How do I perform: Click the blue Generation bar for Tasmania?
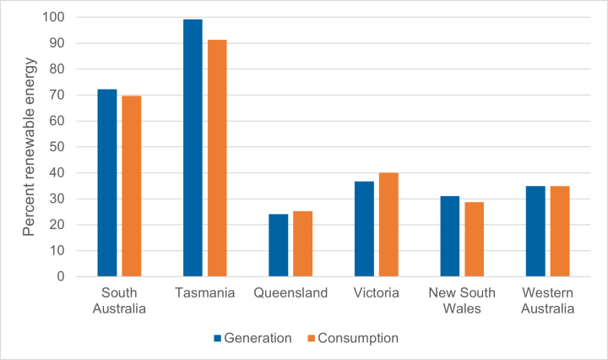[193, 148]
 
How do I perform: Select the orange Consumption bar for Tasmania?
[217, 158]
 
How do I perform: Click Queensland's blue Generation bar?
[279, 245]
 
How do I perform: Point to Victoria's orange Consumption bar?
[388, 224]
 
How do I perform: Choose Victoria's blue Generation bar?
[364, 228]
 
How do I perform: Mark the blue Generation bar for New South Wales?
[450, 236]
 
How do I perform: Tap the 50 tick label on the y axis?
[56, 147]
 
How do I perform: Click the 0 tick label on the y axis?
[59, 276]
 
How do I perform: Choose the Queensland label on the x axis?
[290, 293]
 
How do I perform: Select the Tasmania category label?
[205, 293]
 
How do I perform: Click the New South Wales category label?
[461, 301]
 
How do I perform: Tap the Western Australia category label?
[547, 301]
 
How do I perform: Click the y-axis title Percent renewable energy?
[28, 145]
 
